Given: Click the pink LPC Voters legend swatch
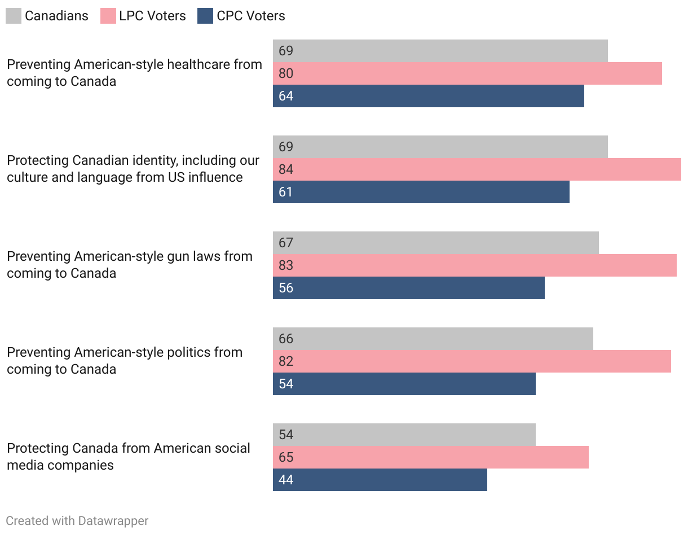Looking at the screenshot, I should pyautogui.click(x=108, y=16).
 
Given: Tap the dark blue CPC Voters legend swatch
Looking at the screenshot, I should pyautogui.click(x=205, y=16).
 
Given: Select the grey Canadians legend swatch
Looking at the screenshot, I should pyautogui.click(x=14, y=16).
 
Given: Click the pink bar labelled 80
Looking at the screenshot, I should pyautogui.click(x=467, y=73).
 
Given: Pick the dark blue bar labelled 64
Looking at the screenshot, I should pyautogui.click(x=428, y=96).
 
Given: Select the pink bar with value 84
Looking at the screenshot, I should pyautogui.click(x=477, y=169).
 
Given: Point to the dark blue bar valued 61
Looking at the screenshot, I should pyautogui.click(x=421, y=192).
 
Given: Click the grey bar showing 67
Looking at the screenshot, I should pyautogui.click(x=435, y=243).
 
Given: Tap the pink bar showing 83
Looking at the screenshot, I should pyautogui.click(x=474, y=265).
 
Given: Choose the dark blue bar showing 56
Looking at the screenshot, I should pyautogui.click(x=408, y=288).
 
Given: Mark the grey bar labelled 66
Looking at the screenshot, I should pyautogui.click(x=433, y=339).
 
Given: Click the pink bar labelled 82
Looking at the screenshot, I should pyautogui.click(x=471, y=361).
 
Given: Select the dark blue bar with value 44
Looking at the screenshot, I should pyautogui.click(x=380, y=480).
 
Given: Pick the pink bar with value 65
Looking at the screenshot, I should pyautogui.click(x=430, y=457).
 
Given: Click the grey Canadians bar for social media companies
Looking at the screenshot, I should pyautogui.click(x=404, y=435).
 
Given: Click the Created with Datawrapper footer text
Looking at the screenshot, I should pyautogui.click(x=77, y=520).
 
